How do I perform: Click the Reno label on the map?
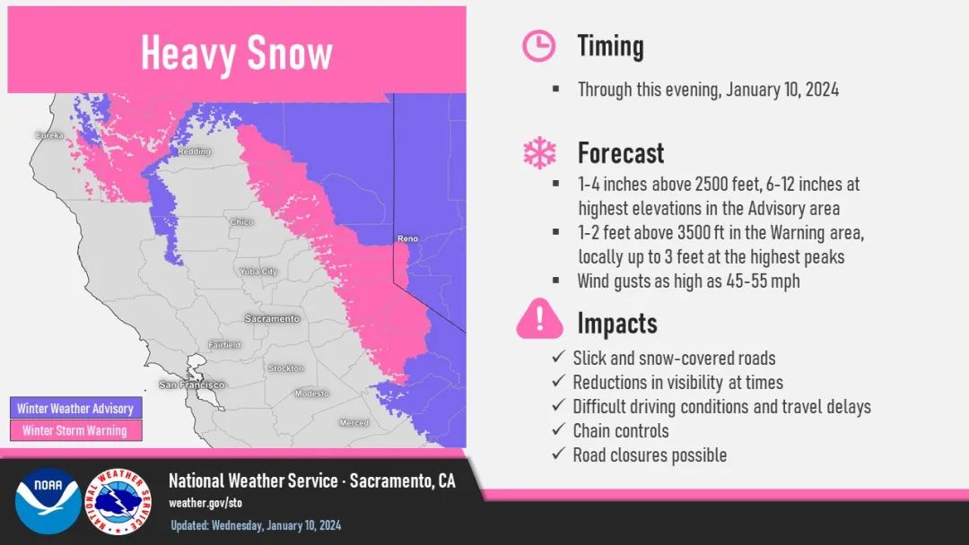[x=407, y=238]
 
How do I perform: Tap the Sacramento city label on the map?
[x=272, y=318]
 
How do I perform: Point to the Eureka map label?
[x=49, y=135]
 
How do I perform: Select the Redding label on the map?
[x=194, y=151]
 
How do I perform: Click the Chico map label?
[x=241, y=221]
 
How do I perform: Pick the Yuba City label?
[x=258, y=272]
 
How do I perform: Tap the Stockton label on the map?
[x=285, y=368]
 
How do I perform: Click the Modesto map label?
[x=311, y=394]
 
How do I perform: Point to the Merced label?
[x=354, y=423]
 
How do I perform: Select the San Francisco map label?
[x=192, y=385]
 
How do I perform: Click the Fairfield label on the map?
[x=224, y=345]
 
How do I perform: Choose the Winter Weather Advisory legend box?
[x=76, y=408]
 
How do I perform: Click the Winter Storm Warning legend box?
[x=76, y=430]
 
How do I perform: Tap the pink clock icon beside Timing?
[x=538, y=46]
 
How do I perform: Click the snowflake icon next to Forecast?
[x=539, y=152]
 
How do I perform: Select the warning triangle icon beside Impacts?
[x=539, y=318]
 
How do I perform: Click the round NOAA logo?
[x=48, y=500]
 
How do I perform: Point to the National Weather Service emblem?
[x=118, y=501]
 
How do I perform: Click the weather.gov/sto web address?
[x=205, y=503]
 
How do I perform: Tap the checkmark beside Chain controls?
[x=559, y=429]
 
